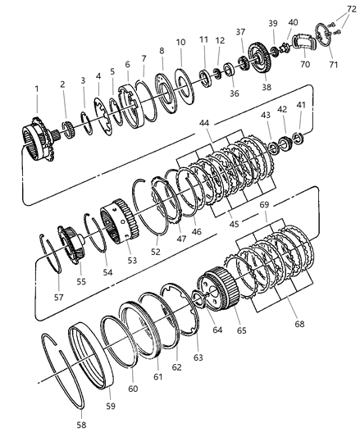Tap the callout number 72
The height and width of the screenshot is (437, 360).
pyautogui.click(x=352, y=7)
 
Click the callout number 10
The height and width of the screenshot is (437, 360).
pyautogui.click(x=180, y=42)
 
